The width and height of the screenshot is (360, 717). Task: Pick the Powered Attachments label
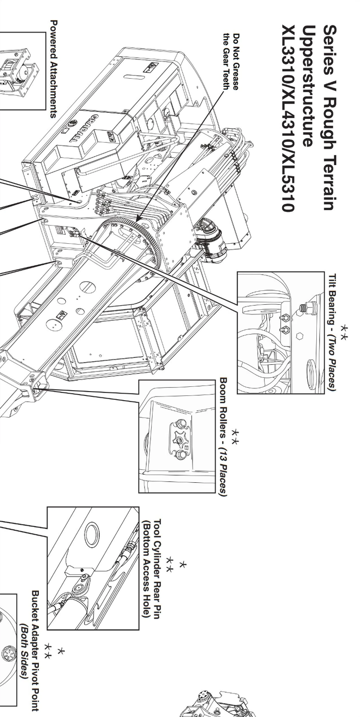click(54, 69)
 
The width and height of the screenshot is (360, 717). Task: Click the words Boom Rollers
click(223, 406)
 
